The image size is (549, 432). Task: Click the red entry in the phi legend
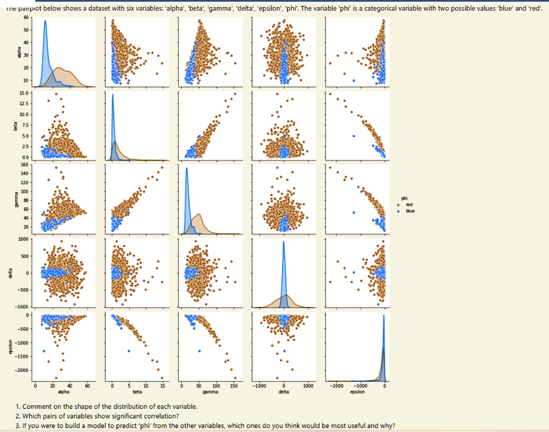[409, 205]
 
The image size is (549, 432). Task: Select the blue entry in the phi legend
[410, 211]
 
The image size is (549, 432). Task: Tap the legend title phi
[405, 198]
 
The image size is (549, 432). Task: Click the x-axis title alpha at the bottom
[63, 392]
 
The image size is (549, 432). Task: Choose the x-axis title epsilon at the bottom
[357, 392]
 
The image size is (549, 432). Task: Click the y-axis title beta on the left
[16, 126]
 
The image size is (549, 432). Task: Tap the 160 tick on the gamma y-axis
[25, 165]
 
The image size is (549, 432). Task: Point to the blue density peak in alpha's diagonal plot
[45, 21]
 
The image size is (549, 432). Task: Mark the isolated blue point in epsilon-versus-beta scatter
[129, 351]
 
